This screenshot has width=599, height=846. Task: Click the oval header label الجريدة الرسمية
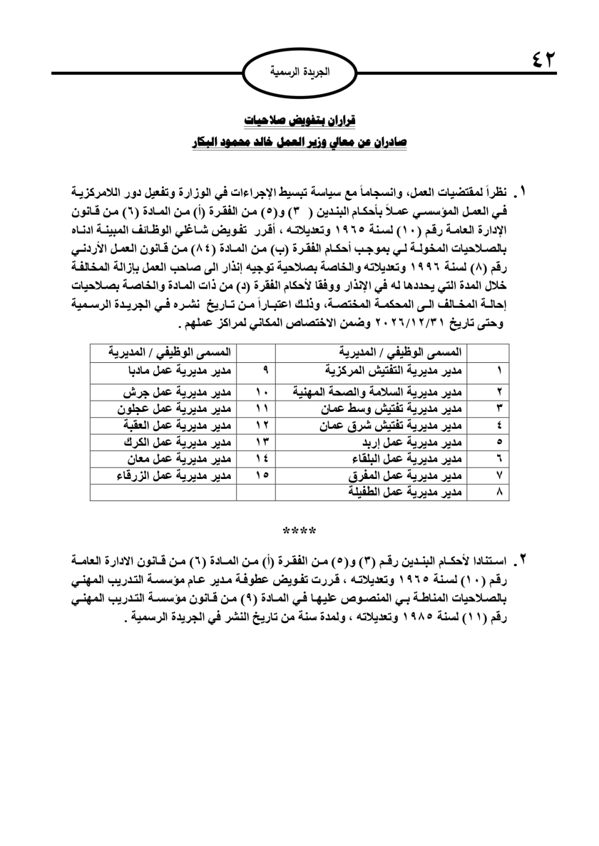[x=299, y=73]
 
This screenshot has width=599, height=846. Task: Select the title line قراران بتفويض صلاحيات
[x=300, y=120]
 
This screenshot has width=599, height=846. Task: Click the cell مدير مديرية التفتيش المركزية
[x=394, y=370]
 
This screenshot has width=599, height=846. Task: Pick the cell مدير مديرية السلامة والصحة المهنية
[x=377, y=393]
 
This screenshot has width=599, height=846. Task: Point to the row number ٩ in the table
[x=264, y=370]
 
